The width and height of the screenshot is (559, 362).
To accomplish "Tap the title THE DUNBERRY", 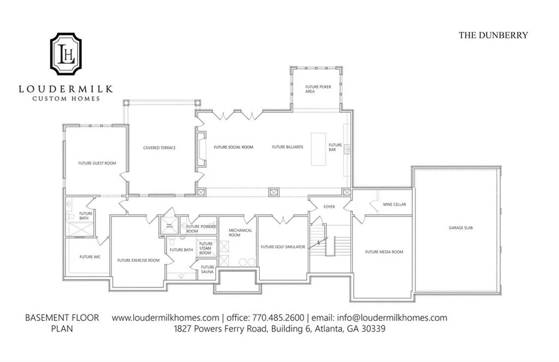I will click(493, 35).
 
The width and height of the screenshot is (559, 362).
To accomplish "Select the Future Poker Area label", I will click(318, 89).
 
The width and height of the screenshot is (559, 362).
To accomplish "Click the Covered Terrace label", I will click(159, 148).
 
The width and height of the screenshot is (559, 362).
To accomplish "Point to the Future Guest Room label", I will click(97, 163).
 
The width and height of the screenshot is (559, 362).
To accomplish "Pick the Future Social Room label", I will click(233, 147).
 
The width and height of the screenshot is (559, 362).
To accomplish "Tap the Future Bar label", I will click(335, 147).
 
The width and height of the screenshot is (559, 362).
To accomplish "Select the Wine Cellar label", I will click(394, 205).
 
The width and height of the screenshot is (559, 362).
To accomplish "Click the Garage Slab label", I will click(461, 227).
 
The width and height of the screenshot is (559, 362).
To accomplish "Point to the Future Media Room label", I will click(384, 252).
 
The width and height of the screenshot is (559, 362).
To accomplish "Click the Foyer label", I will click(329, 207).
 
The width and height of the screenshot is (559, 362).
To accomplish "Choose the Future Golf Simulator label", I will click(282, 247).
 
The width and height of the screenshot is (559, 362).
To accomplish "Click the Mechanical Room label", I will click(240, 232).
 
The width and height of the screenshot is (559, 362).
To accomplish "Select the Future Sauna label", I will click(208, 269).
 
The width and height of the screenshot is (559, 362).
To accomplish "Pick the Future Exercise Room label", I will click(138, 260).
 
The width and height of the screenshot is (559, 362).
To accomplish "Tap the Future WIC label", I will click(90, 256).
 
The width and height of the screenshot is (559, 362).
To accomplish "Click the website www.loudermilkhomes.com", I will click(165, 318).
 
